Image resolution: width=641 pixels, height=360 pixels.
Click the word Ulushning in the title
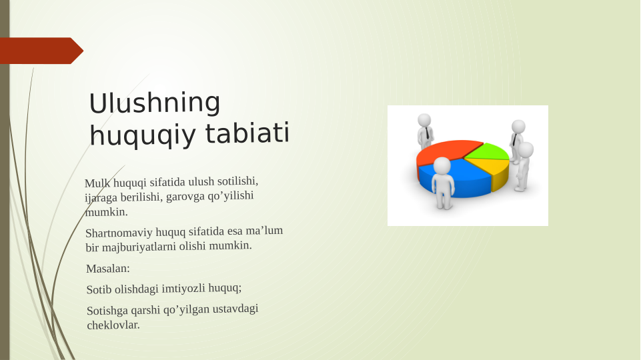coord(155,103)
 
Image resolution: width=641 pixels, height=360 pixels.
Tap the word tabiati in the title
coord(247,133)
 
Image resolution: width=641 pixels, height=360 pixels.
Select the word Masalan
coord(108,269)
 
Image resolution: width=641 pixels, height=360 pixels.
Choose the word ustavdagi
coord(235,309)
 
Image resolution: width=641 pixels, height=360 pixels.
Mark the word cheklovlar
coord(113,325)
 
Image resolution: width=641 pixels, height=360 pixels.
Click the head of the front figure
coord(442,165)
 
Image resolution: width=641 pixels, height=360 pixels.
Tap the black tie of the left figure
coord(427,133)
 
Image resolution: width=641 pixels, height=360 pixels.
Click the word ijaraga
coord(101,198)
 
